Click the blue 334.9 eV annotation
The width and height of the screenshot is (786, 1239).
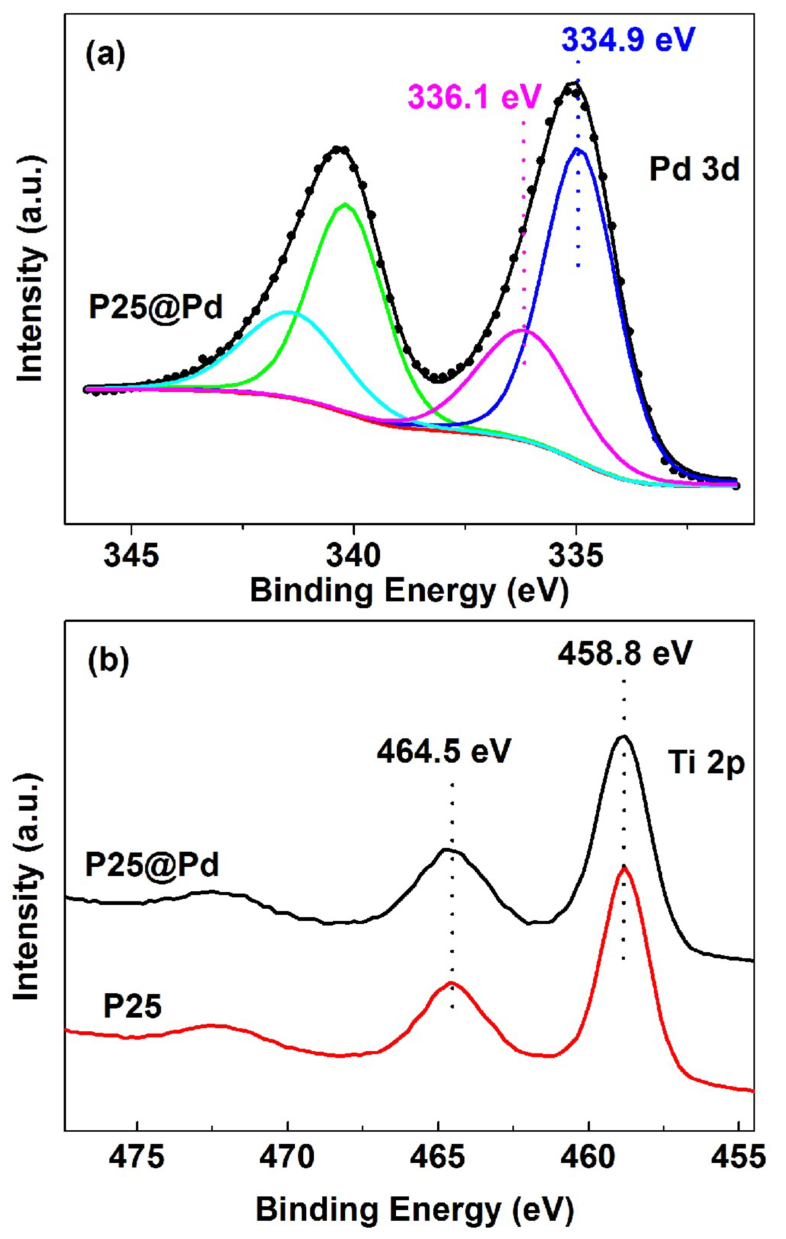click(x=628, y=40)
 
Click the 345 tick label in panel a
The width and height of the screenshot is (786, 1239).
click(x=132, y=556)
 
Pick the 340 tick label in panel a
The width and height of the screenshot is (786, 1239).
click(x=354, y=556)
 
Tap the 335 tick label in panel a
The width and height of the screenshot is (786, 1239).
click(x=576, y=556)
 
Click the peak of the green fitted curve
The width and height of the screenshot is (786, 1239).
click(x=345, y=204)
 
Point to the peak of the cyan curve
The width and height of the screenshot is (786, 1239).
click(x=288, y=312)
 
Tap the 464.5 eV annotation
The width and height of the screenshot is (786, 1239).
click(x=444, y=752)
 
